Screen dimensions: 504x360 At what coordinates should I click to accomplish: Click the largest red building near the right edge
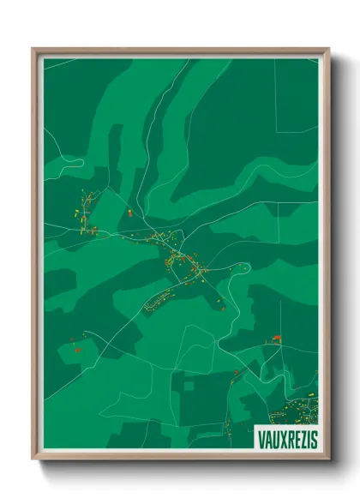276,339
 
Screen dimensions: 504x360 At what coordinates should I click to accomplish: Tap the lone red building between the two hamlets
129,210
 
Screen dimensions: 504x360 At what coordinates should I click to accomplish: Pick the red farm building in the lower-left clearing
75,348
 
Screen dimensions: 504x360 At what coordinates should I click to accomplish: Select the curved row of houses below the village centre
161,298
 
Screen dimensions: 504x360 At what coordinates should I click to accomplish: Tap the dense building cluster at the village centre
184,261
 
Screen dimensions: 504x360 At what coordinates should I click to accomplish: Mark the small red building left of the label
237,372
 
